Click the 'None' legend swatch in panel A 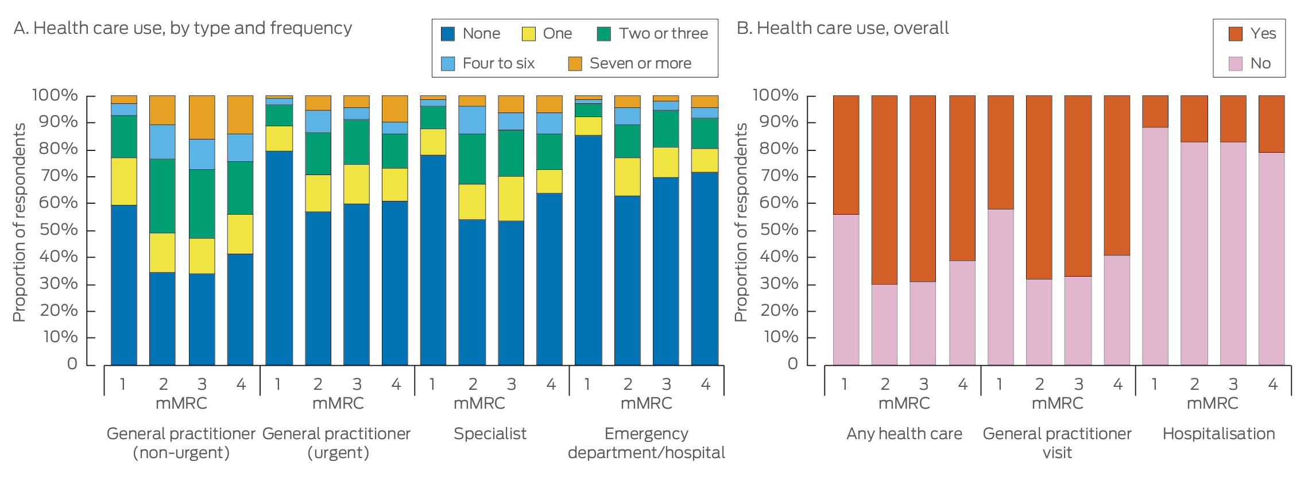point(448,34)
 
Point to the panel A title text point(183,28)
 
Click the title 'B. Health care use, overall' point(842,28)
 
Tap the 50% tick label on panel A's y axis point(58,230)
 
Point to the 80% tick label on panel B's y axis point(779,149)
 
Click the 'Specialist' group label point(490,434)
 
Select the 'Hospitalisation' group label point(1218,434)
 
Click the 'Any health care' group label point(904,434)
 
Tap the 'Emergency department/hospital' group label point(646,443)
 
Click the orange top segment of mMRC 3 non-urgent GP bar point(202,117)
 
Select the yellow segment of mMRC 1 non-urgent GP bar point(123,181)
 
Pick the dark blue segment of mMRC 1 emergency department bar point(588,250)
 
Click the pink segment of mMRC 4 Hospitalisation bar point(1271,258)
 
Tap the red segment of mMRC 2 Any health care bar point(884,189)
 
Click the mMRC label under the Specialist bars point(479,404)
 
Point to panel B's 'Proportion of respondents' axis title point(741,222)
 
